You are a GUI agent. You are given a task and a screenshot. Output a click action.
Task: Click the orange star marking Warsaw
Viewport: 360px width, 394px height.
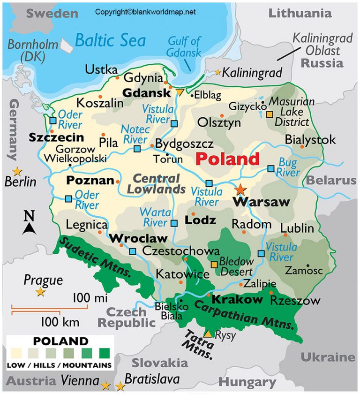tap(240, 189)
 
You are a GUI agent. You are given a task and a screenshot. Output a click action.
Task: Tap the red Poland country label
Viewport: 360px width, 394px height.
tap(227, 159)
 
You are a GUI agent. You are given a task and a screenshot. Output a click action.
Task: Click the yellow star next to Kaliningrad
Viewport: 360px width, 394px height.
tap(218, 72)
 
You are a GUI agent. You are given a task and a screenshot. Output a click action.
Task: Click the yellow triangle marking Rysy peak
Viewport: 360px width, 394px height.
tap(207, 334)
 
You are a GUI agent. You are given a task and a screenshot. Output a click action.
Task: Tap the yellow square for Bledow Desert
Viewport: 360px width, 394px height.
tap(214, 265)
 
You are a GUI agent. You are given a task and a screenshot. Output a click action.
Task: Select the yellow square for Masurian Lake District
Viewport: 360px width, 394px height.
tap(269, 114)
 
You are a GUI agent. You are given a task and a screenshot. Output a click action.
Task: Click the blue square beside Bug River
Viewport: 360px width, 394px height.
tap(271, 168)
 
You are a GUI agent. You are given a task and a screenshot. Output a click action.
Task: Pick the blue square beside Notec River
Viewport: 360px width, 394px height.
tap(137, 149)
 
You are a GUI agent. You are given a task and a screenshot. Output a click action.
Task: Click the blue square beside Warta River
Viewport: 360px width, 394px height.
tap(174, 223)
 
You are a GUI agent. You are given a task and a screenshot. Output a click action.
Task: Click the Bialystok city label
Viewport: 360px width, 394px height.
tap(310, 139)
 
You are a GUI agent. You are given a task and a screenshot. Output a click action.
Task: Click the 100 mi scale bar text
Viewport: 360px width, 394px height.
tap(90, 298)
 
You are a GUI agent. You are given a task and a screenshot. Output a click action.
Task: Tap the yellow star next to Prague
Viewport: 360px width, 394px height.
tap(41, 292)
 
